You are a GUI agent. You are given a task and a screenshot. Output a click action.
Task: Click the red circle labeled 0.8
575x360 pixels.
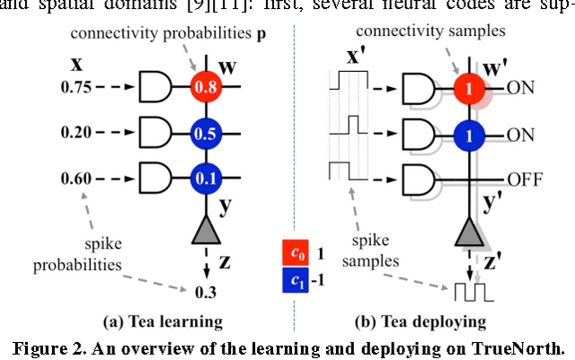point(204,88)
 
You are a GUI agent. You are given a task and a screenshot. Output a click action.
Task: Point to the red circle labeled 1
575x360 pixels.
point(467,89)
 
